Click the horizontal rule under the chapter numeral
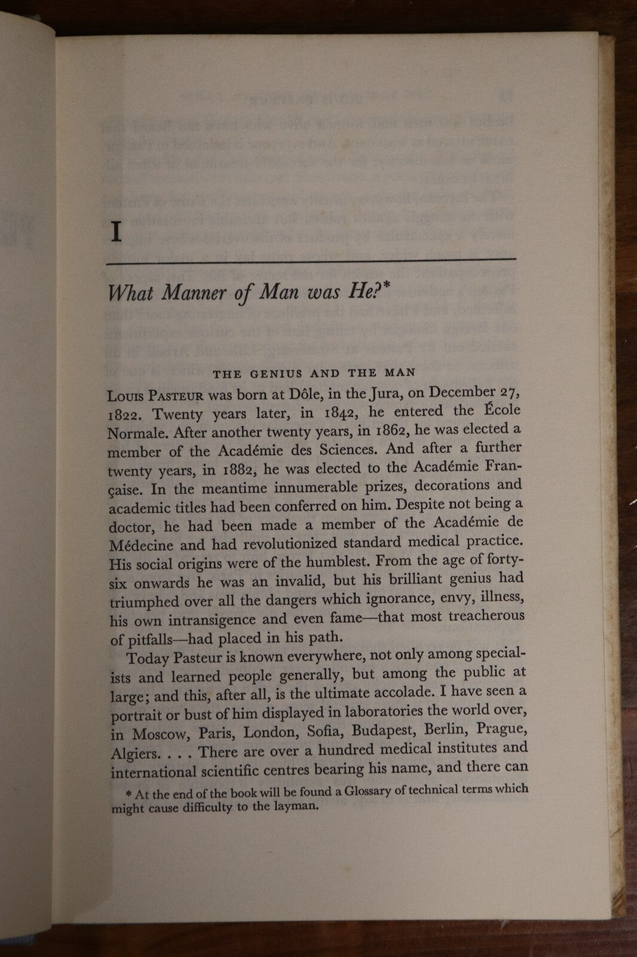[311, 260]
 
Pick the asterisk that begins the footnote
[128, 794]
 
